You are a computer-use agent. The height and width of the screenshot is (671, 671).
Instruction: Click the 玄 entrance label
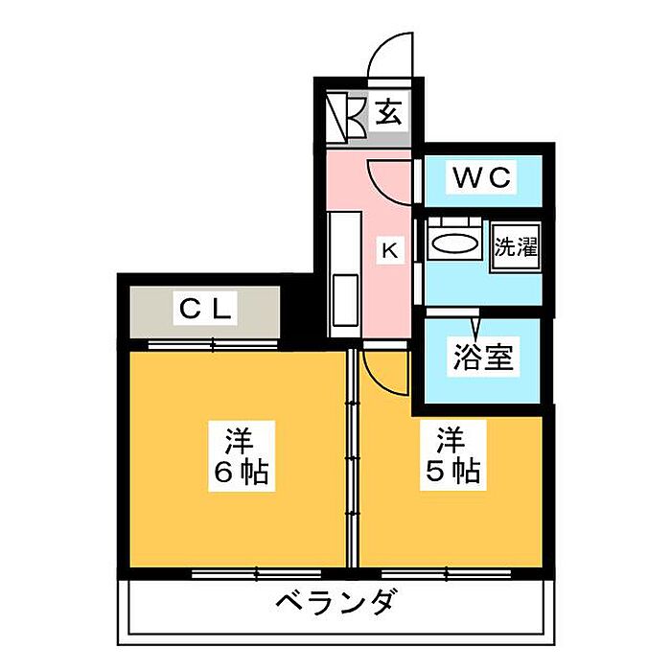[389, 113]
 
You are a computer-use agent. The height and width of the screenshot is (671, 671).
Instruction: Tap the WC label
[482, 177]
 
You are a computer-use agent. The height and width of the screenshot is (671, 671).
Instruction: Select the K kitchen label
[390, 249]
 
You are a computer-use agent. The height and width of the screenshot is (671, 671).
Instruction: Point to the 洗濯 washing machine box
[516, 247]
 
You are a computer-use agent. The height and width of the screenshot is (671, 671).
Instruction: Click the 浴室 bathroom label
[483, 358]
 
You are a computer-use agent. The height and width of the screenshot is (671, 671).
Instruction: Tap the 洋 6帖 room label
[241, 456]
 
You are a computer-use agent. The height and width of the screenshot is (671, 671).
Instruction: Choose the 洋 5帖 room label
[452, 456]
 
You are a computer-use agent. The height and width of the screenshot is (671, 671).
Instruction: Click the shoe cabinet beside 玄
[346, 115]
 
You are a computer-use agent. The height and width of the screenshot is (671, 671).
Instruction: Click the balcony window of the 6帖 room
[256, 573]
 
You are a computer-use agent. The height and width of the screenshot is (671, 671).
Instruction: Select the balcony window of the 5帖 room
[446, 573]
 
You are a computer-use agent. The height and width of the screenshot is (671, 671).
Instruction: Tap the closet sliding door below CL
[213, 345]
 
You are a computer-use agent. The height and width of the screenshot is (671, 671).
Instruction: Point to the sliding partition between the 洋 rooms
[352, 458]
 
